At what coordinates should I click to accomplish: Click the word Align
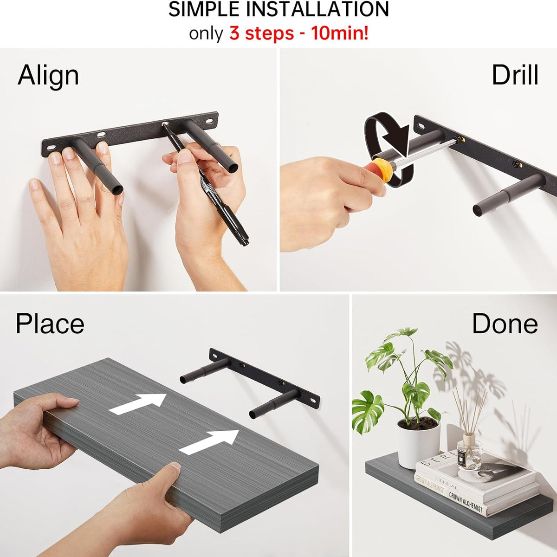point(48,76)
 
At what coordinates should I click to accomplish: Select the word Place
point(50,324)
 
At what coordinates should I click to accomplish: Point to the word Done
point(505,324)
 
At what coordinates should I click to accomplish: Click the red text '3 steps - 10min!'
point(299,34)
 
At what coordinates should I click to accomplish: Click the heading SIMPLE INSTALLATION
point(278,10)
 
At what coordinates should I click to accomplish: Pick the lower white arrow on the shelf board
point(209,441)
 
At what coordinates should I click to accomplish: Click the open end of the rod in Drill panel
point(478,210)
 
